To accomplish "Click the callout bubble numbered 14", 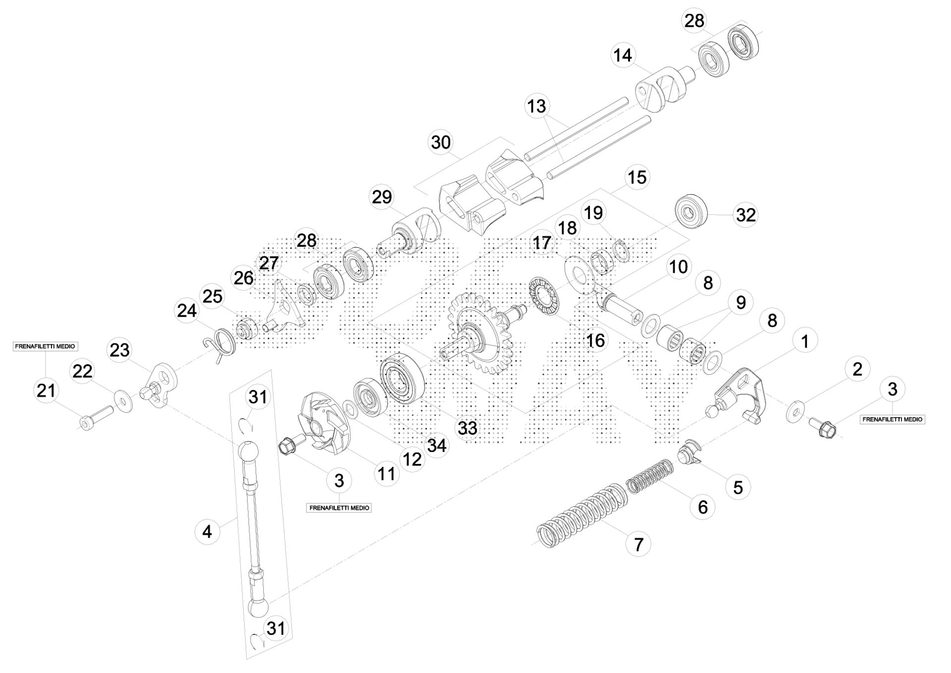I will click(x=623, y=55).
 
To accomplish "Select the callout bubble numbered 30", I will click(x=441, y=143).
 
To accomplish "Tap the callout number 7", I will click(x=638, y=544).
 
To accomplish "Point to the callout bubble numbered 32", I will click(x=746, y=215).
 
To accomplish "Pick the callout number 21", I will click(x=46, y=391).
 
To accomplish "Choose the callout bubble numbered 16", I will click(x=595, y=340).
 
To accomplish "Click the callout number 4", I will click(x=207, y=532).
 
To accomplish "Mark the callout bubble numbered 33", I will click(x=468, y=428).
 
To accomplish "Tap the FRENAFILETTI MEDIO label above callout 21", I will click(x=45, y=346).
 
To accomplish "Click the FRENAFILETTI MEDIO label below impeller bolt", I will click(x=339, y=508).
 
